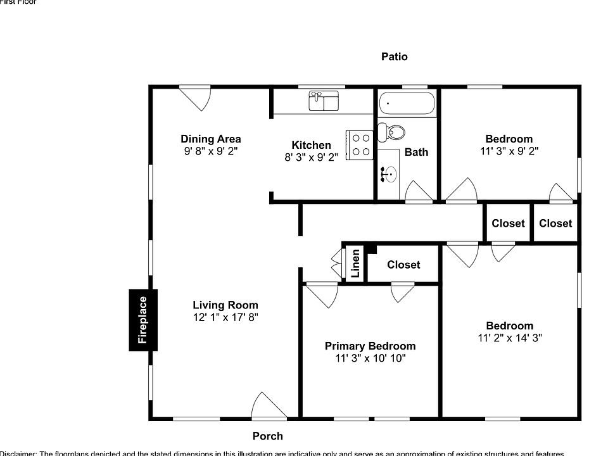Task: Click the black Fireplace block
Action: click(x=143, y=320)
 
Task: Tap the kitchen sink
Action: click(x=324, y=101)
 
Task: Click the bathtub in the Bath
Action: click(x=407, y=103)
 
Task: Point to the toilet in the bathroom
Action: click(x=392, y=132)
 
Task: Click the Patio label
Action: click(x=394, y=56)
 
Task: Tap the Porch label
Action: click(x=267, y=436)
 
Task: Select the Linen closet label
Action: click(x=355, y=263)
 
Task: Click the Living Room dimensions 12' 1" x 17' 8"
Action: click(x=225, y=317)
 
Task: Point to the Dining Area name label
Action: click(x=210, y=139)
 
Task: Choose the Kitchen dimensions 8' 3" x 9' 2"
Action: click(x=311, y=156)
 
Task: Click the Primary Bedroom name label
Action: click(x=370, y=346)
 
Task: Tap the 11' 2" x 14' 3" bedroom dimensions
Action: click(x=509, y=338)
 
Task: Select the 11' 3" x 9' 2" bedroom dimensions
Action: click(x=509, y=151)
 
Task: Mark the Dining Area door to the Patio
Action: click(x=194, y=97)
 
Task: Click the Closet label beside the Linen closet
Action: click(x=403, y=265)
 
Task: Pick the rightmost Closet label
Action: click(x=555, y=223)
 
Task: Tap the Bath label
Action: click(x=416, y=152)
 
